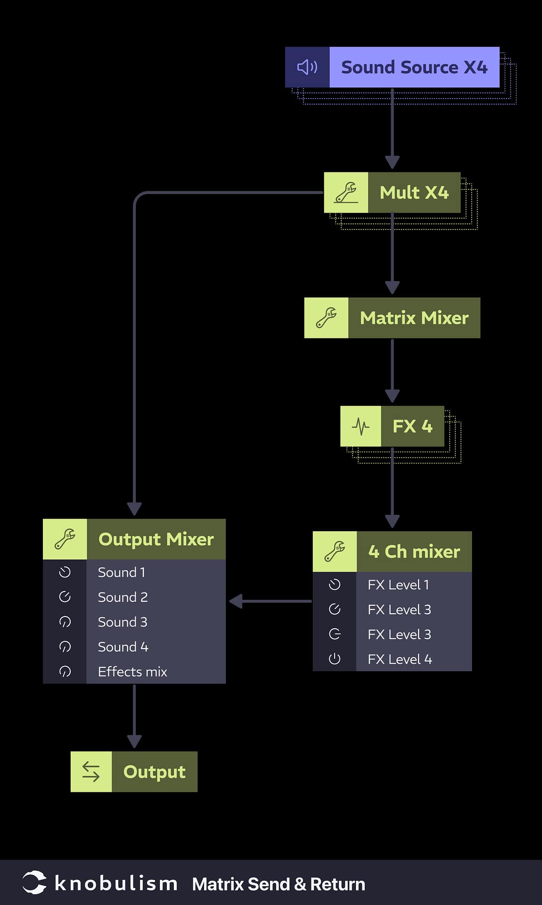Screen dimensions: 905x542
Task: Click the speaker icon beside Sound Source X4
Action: click(307, 67)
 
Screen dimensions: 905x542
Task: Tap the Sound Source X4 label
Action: click(414, 67)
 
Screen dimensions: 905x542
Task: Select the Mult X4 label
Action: click(414, 192)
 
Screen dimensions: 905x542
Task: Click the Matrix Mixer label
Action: click(414, 318)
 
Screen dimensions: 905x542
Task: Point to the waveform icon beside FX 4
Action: click(361, 426)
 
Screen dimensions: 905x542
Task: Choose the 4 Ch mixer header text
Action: click(414, 551)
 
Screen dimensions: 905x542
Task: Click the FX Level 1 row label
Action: click(398, 584)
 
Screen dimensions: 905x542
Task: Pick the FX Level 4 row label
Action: click(400, 659)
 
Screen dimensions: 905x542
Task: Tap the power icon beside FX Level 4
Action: click(335, 659)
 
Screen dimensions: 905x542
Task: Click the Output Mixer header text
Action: click(156, 539)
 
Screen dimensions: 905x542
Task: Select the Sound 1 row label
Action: click(121, 572)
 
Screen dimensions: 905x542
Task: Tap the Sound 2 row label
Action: click(123, 597)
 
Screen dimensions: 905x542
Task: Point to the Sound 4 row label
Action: click(123, 647)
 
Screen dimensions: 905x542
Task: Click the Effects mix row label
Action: click(132, 672)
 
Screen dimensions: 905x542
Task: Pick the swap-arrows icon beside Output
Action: click(91, 772)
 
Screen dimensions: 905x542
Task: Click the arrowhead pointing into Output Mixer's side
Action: click(236, 601)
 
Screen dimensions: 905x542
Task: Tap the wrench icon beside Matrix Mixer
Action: click(326, 318)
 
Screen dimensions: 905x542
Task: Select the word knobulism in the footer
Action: click(116, 883)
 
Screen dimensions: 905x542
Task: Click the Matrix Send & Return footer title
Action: click(279, 884)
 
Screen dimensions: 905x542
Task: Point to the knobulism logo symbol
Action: click(34, 882)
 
